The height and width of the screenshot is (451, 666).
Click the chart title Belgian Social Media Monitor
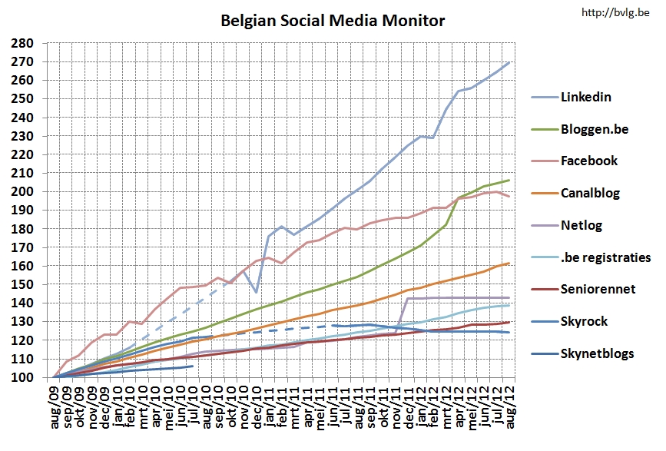[x=333, y=20]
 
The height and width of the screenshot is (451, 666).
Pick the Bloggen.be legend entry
[x=594, y=129]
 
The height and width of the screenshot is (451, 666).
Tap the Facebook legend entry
[x=589, y=161]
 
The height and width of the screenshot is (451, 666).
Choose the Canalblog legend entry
[x=591, y=193]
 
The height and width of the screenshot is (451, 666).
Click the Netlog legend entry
[x=582, y=225]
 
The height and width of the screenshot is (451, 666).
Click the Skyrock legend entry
[x=585, y=320]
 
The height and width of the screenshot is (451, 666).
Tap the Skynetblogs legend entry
[x=597, y=353]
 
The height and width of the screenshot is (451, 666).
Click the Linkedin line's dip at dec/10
[x=257, y=292]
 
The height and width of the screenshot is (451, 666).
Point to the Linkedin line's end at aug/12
[x=509, y=62]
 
